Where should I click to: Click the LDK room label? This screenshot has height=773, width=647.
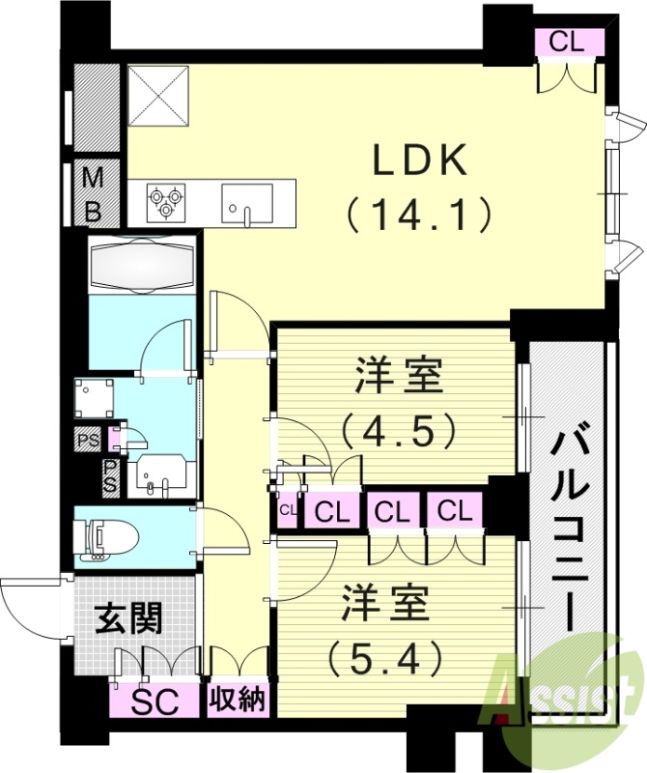point(420,160)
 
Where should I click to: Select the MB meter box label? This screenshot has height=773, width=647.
point(93,192)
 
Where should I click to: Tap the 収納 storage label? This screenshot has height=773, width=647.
point(237,700)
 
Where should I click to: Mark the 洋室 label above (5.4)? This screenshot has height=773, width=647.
point(384,607)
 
